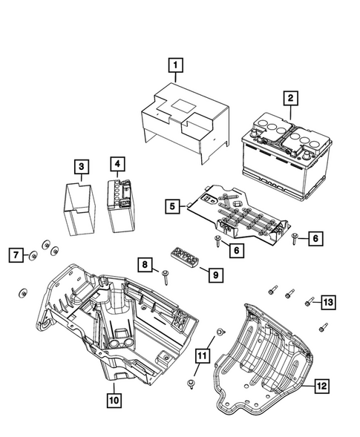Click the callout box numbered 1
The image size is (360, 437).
[175, 66]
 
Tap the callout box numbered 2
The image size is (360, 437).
[291, 96]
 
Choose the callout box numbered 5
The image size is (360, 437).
[171, 206]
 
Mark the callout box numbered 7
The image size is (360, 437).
[14, 256]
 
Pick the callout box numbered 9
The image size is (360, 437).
[215, 275]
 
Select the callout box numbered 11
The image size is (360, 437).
[201, 357]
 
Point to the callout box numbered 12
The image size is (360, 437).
[321, 385]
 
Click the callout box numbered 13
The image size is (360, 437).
[327, 300]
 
